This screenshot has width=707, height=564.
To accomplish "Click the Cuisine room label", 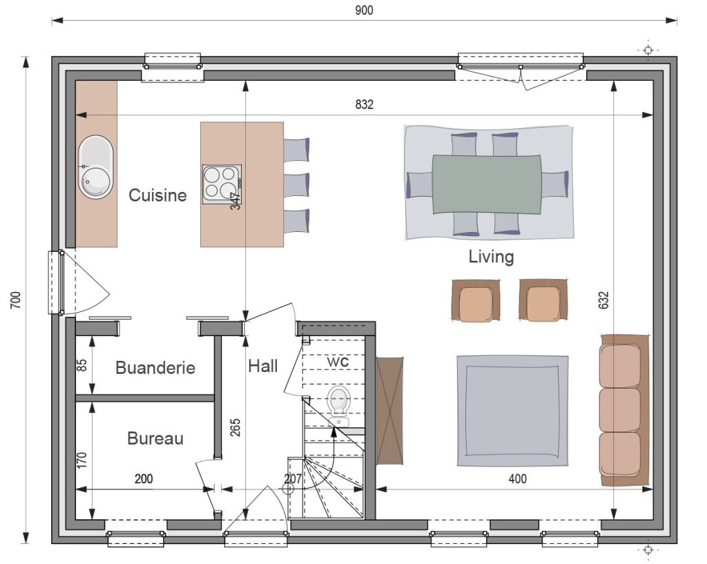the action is click(x=157, y=195).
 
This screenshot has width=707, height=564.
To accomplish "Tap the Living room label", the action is click(x=491, y=257).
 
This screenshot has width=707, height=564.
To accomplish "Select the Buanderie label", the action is click(x=155, y=367).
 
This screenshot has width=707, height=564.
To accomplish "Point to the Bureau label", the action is click(x=155, y=438).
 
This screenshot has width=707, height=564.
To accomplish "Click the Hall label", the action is click(x=263, y=366).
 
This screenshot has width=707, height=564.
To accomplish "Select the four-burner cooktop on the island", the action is click(x=222, y=184).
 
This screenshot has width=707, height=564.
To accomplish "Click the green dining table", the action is click(x=487, y=184).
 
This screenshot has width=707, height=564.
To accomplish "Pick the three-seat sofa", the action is click(x=624, y=410).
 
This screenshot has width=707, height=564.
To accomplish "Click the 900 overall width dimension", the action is click(x=364, y=10).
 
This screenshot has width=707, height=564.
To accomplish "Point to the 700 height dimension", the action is click(x=16, y=300).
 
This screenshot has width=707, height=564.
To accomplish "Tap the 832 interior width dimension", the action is click(x=365, y=105).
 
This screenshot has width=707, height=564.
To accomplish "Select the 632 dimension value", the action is click(x=603, y=300).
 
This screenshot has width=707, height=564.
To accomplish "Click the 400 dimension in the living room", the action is click(x=518, y=479).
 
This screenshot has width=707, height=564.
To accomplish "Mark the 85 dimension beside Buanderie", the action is click(x=82, y=364).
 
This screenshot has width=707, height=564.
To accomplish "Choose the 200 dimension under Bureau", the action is click(x=144, y=479).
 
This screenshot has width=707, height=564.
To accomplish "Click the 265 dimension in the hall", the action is click(x=235, y=428).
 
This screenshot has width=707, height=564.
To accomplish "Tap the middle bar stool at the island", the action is click(x=297, y=185).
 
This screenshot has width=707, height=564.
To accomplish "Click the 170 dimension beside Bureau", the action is click(x=82, y=460).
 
